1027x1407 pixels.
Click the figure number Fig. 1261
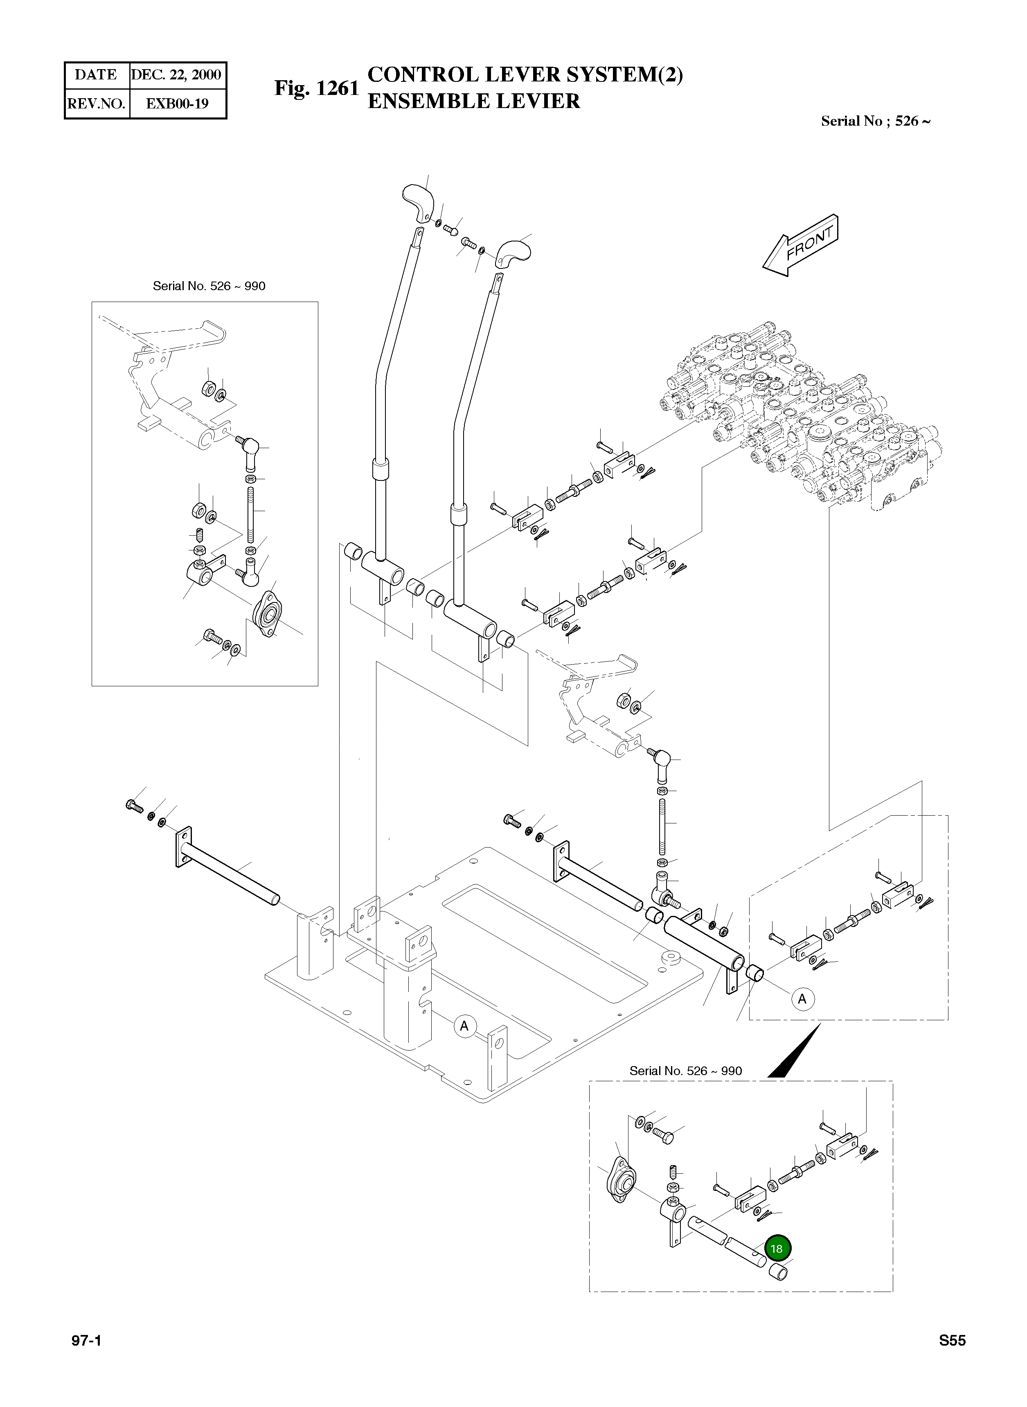click(317, 88)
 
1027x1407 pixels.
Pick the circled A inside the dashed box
click(802, 999)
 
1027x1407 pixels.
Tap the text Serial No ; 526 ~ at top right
click(875, 121)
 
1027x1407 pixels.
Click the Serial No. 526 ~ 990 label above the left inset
click(209, 286)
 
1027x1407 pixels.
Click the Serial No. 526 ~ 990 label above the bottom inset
click(686, 1071)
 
